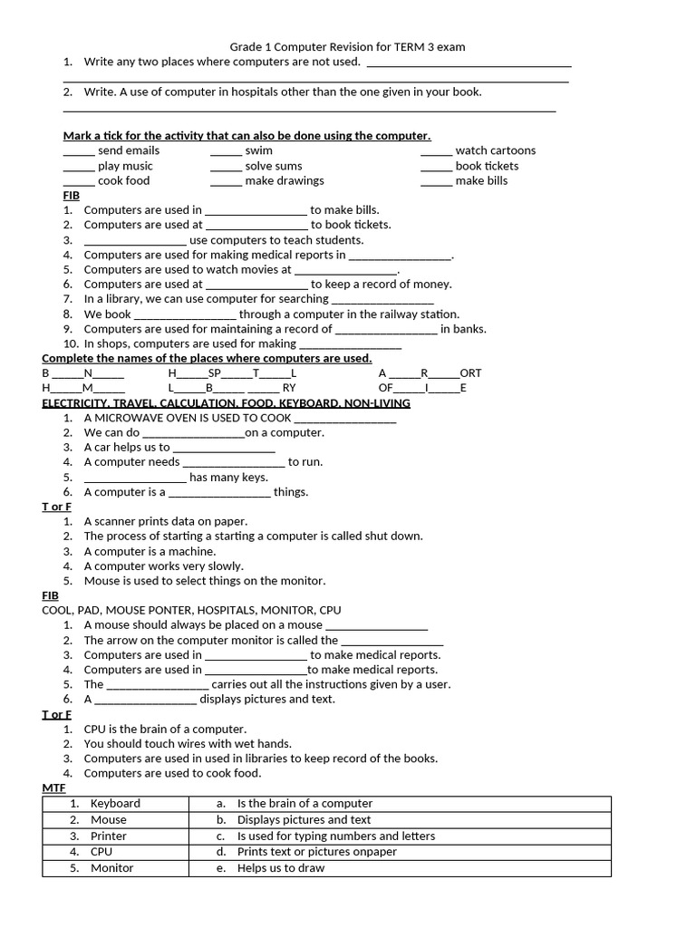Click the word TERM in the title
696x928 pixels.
pos(406,47)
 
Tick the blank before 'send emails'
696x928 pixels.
pos(79,152)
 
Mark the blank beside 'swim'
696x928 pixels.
pos(226,152)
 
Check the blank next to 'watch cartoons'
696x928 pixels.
pos(436,152)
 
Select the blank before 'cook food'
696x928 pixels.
pos(79,182)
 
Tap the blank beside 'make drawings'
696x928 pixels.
pos(226,182)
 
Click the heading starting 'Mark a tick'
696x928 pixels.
pos(246,136)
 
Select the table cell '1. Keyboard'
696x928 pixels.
pos(115,804)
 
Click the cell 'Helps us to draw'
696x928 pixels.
pos(281,868)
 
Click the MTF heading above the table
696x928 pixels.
pos(53,789)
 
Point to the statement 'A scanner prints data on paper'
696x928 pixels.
pos(166,522)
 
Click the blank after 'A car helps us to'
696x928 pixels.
pos(224,449)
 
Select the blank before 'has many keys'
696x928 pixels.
pos(135,478)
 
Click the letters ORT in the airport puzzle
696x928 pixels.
pos(470,373)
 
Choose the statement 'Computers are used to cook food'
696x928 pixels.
pos(172,774)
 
